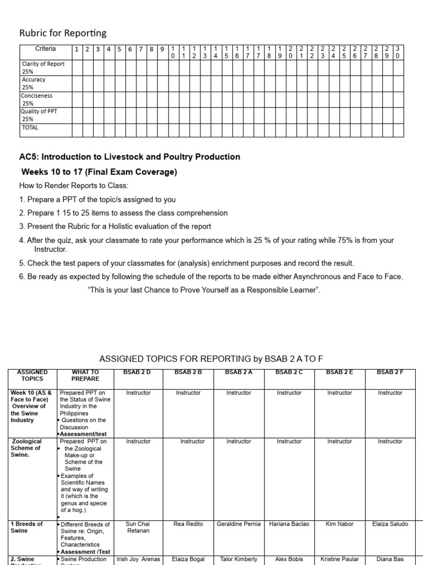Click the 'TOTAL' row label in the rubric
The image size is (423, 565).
(x=30, y=127)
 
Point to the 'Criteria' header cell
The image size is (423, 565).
(x=45, y=49)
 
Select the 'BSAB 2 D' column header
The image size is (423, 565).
(x=138, y=372)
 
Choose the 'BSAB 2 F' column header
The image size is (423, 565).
(x=390, y=372)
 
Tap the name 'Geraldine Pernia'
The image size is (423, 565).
(x=238, y=524)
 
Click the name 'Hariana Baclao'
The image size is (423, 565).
(x=289, y=524)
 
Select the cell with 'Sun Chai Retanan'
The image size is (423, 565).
(x=138, y=527)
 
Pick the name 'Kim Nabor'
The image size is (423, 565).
(x=339, y=524)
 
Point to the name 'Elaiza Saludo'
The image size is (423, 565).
(x=390, y=524)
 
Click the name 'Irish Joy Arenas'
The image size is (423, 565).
(x=138, y=559)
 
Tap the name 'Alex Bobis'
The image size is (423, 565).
(x=289, y=559)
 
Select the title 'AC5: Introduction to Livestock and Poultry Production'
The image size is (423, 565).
(x=129, y=157)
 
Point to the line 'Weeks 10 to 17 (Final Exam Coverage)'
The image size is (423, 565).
(x=99, y=172)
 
